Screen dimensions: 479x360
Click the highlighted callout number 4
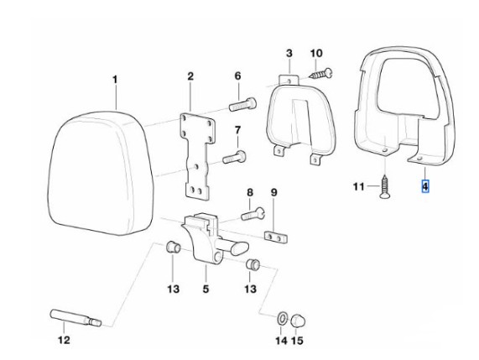point(425,186)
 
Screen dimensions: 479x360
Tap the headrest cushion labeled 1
point(101,173)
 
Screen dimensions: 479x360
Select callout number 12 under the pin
point(64,340)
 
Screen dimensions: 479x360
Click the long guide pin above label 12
point(75,317)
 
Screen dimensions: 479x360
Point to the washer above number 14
point(282,319)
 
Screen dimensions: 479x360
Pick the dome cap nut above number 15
point(298,321)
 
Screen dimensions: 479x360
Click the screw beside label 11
point(386,186)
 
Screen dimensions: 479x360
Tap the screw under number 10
point(321,74)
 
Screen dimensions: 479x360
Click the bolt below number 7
point(235,157)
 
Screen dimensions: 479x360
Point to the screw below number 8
point(253,214)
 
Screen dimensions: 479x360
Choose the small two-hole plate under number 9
point(276,237)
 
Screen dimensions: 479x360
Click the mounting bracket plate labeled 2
point(197,156)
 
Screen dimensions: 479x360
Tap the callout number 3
point(289,53)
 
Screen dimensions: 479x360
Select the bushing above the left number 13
point(173,247)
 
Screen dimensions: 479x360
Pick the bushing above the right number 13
point(253,264)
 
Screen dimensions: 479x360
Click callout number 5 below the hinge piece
point(206,289)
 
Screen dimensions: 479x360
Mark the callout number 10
point(316,53)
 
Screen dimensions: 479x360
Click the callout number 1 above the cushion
point(115,80)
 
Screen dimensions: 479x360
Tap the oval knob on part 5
point(240,248)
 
